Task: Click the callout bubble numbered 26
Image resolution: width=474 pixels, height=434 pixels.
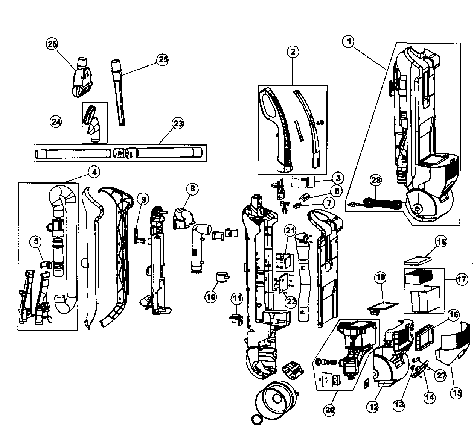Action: [52, 44]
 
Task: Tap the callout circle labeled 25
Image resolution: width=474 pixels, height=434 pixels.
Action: [162, 60]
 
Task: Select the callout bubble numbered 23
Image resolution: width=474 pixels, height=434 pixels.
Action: [178, 123]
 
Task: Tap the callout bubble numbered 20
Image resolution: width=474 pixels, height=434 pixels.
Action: [329, 410]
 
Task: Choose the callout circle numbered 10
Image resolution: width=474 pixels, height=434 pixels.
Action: [211, 297]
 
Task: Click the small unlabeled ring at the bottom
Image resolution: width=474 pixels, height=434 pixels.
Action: [256, 420]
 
